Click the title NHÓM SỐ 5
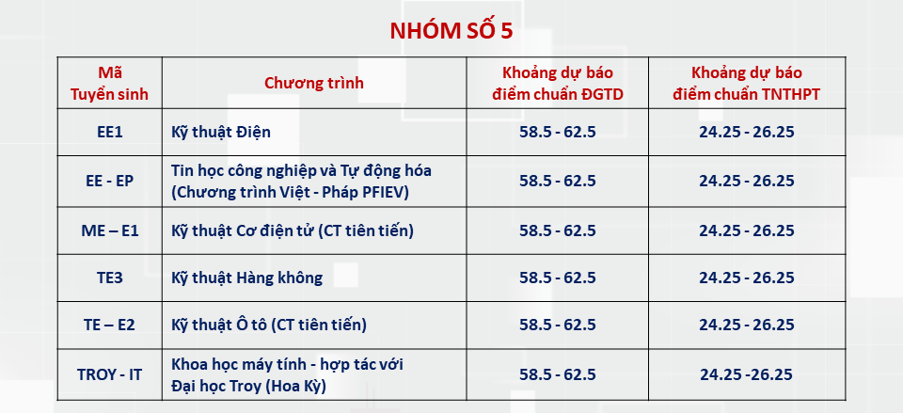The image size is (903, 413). pos(451,30)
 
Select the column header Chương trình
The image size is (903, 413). pos(313,83)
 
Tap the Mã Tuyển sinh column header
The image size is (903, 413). pos(110,83)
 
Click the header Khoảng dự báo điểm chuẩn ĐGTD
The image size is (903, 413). pos(558,83)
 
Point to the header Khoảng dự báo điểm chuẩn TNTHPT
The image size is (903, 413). pos(747,83)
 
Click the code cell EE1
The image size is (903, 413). pos(110,132)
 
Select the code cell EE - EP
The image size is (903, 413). pos(110,181)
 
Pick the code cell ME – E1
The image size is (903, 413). pos(110,230)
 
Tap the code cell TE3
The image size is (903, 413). pos(110,278)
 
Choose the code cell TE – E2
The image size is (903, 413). pos(110,325)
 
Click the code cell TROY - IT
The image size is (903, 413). pos(110,374)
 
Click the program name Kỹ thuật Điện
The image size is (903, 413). pos(221,132)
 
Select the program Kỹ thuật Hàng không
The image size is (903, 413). pos(246,278)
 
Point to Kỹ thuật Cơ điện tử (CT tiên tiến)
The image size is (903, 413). pos(293,230)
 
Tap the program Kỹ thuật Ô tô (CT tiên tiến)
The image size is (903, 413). pos(268,325)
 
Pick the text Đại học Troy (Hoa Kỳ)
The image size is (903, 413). pos(248,385)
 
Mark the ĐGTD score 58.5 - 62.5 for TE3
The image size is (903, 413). pos(558,278)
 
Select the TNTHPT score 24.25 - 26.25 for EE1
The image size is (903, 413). pos(747,132)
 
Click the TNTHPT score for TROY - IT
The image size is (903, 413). pos(747,374)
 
